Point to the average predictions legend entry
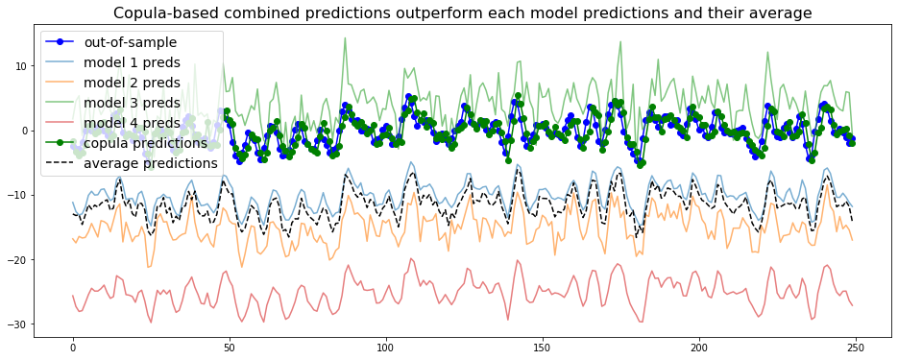click(x=150, y=163)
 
